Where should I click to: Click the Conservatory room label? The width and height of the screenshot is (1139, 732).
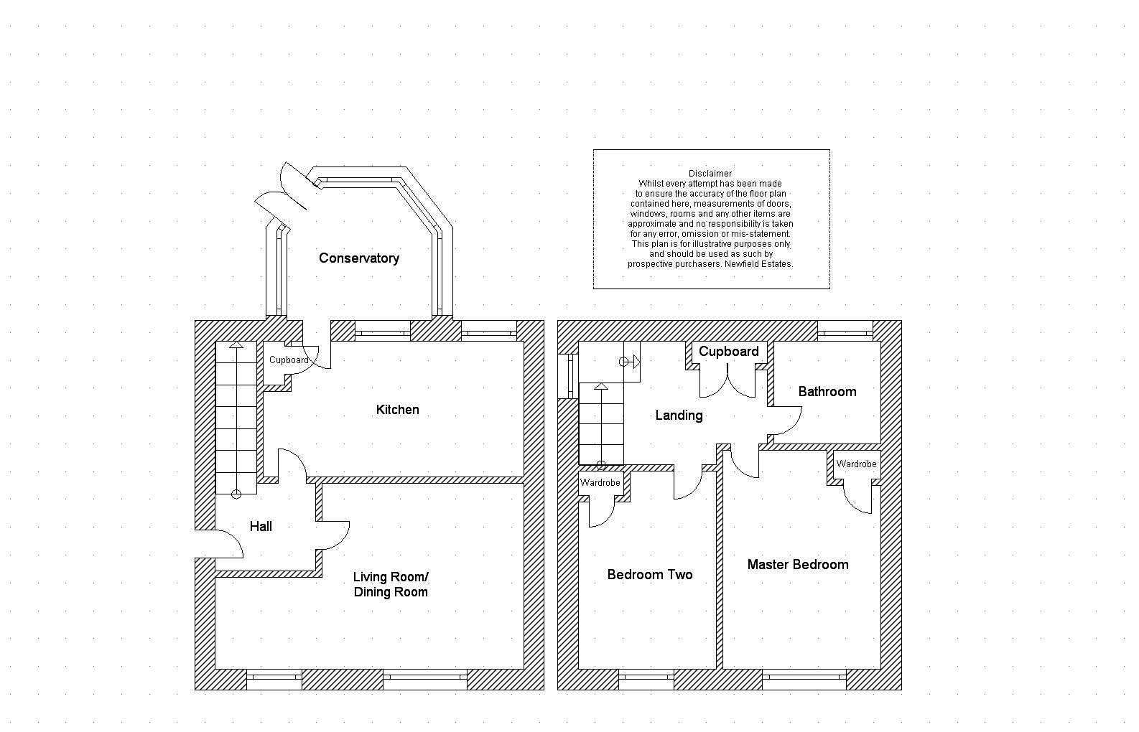(x=359, y=258)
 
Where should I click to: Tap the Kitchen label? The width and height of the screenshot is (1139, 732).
(x=398, y=410)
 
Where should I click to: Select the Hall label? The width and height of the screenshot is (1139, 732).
(x=261, y=526)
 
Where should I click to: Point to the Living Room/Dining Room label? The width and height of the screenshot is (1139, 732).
(x=391, y=584)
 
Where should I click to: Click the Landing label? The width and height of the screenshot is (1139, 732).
(x=679, y=416)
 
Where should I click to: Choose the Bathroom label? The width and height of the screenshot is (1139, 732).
(x=827, y=392)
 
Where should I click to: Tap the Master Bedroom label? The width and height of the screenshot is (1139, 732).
(x=798, y=564)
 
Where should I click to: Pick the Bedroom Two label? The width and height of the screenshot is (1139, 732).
(x=650, y=575)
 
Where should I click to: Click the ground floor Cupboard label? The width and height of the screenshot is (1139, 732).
(x=289, y=360)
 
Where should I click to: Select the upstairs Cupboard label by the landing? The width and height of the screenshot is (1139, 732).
(x=729, y=352)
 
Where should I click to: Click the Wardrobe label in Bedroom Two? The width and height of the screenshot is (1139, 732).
(x=600, y=482)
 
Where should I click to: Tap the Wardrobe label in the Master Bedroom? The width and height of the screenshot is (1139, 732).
(x=856, y=464)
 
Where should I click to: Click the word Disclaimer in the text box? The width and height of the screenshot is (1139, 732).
(x=710, y=173)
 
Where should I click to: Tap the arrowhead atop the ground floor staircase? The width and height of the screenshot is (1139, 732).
(x=236, y=345)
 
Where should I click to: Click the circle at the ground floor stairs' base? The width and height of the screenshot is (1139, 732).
(x=236, y=494)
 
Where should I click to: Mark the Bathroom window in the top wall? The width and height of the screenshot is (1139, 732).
(x=845, y=331)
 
